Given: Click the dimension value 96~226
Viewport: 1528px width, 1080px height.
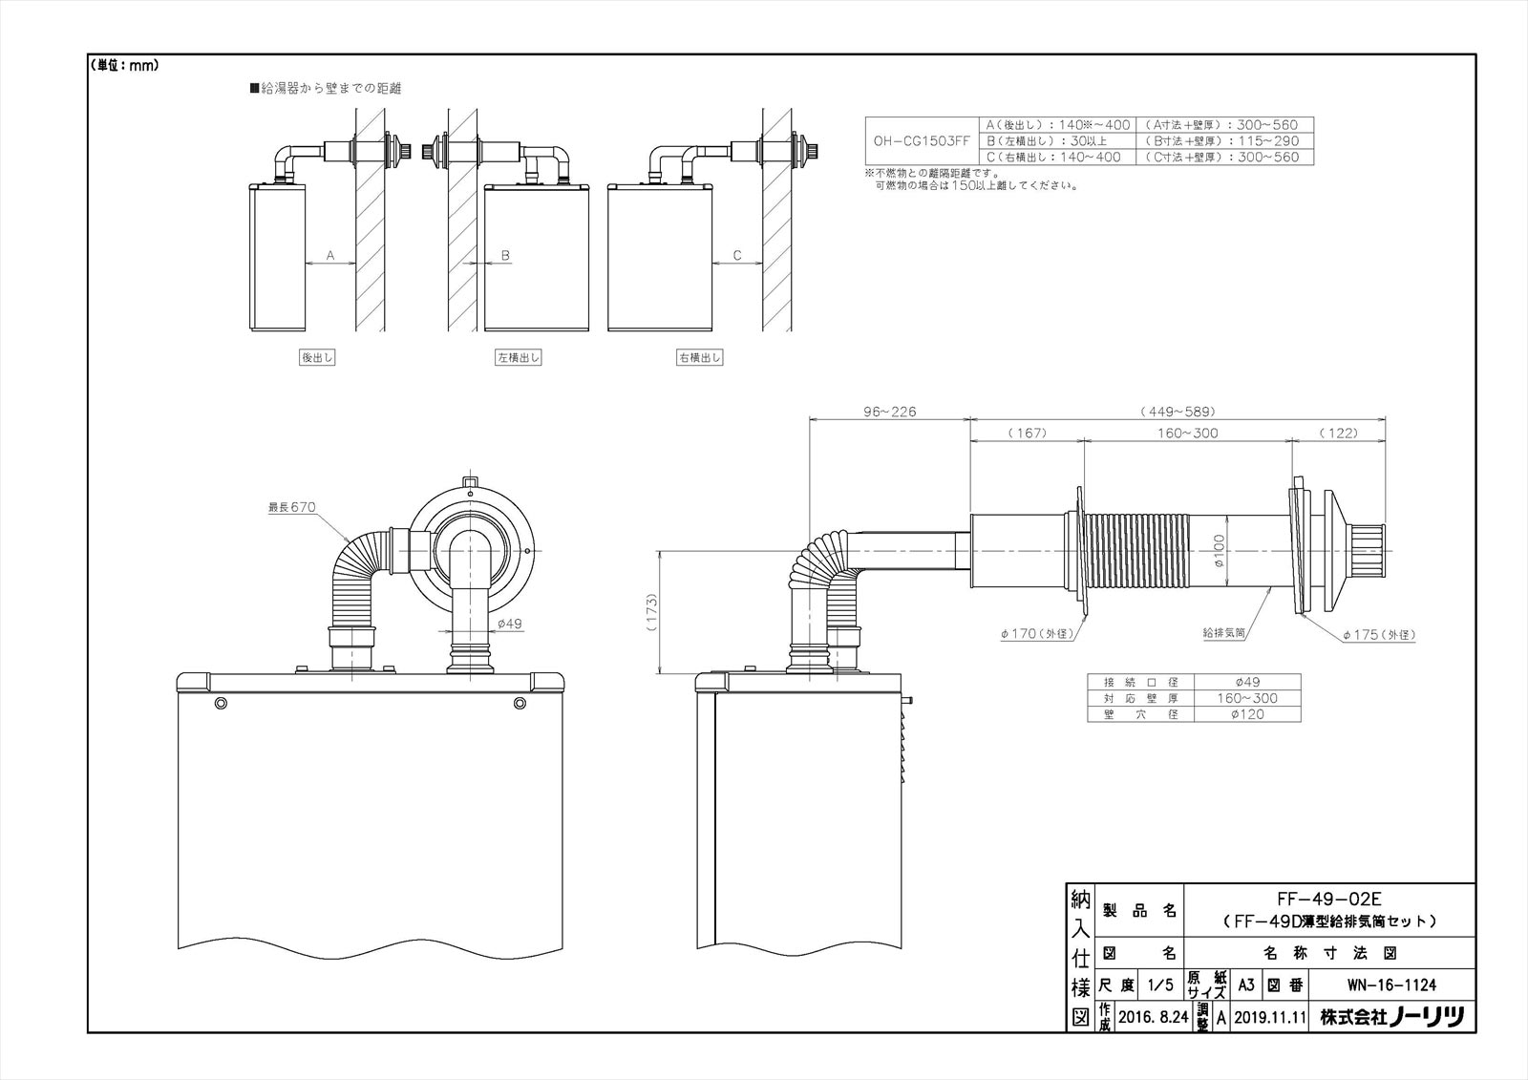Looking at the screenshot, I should coord(889,412).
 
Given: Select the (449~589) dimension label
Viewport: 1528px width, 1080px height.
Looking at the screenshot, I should coord(1177,412).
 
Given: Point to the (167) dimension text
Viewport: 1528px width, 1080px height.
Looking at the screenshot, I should coord(1027,433).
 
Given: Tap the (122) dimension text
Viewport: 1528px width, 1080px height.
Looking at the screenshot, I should coord(1338,433).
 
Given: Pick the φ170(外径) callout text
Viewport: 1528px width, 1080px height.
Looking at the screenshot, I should coord(1038,634).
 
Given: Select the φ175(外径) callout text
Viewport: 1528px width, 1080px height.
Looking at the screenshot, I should coord(1378,634).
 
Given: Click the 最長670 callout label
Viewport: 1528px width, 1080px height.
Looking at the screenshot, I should coord(291,507).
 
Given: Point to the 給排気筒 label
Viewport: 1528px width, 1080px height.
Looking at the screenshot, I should coord(1223,633).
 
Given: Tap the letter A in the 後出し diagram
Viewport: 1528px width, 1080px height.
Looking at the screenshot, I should coord(330,255).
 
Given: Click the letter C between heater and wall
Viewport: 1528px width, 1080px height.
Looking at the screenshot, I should coord(736,255).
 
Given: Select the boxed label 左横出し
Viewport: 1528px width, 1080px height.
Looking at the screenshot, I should coord(519,358).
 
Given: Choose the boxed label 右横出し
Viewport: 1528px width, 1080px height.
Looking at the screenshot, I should coord(700,358).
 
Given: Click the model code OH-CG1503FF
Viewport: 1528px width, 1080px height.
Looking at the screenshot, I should coord(922,140).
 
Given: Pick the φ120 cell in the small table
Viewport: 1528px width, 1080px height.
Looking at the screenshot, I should coord(1246,713).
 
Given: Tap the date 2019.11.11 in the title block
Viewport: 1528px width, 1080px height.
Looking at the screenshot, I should coord(1269,1017).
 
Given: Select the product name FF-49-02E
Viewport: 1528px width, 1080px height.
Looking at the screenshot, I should coord(1328,899).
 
